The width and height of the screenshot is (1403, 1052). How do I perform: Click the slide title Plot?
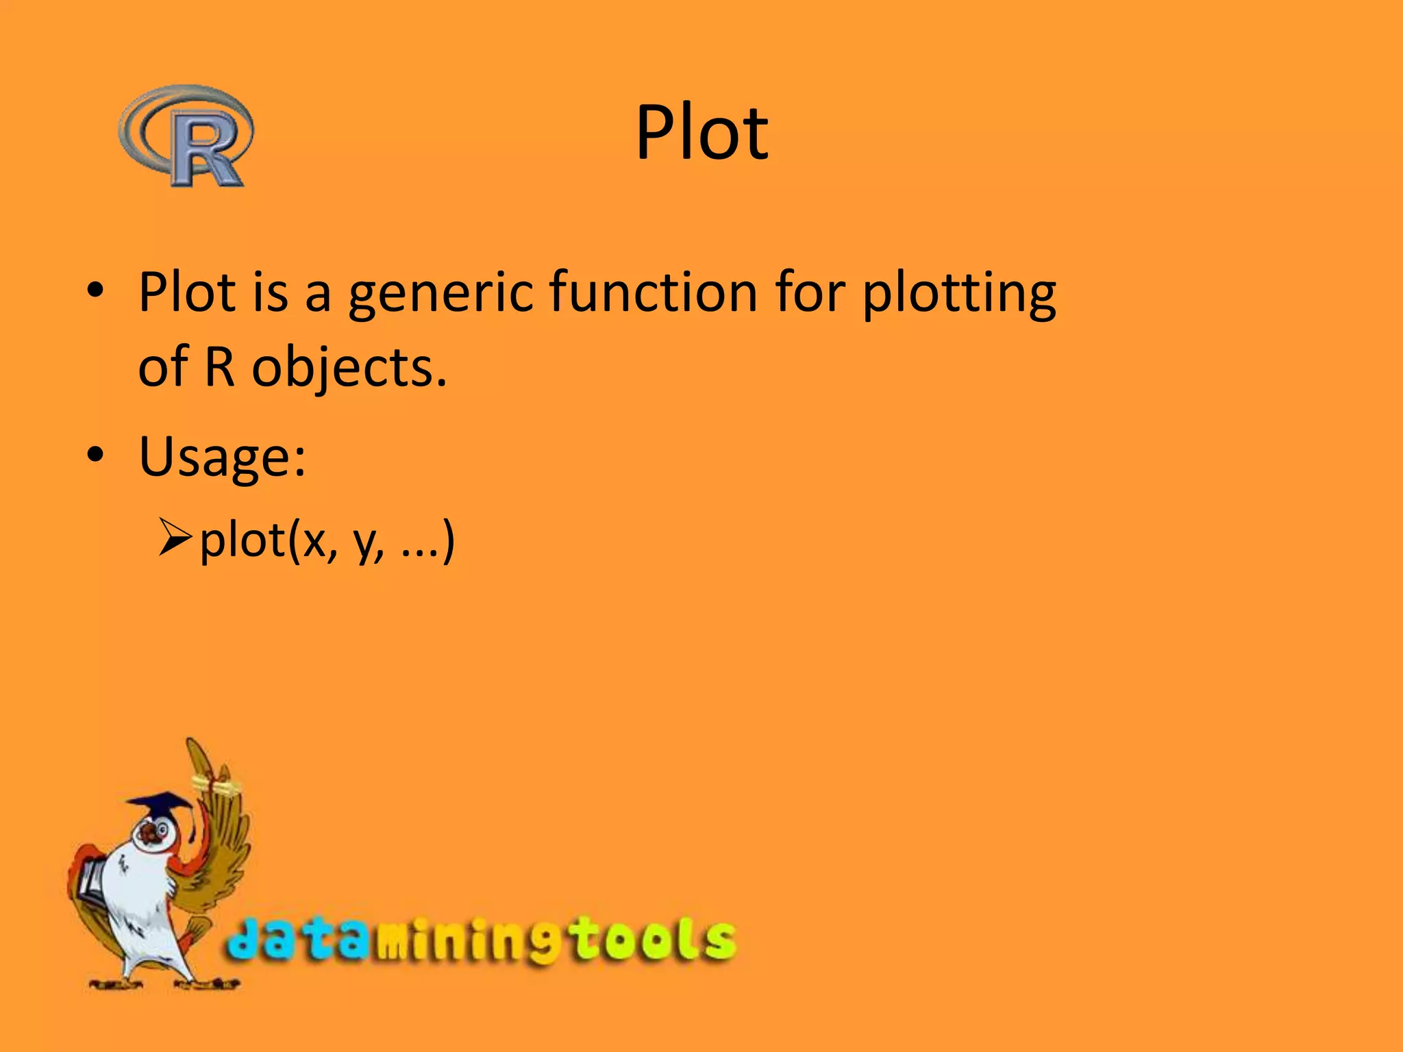tap(701, 133)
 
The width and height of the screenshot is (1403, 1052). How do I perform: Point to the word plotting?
tap(959, 293)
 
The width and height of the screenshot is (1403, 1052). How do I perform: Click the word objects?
tap(349, 368)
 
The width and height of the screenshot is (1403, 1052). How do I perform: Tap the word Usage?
tap(222, 458)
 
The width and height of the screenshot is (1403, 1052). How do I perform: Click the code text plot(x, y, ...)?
tap(327, 541)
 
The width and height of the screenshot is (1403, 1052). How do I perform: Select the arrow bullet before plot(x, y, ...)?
tap(174, 538)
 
